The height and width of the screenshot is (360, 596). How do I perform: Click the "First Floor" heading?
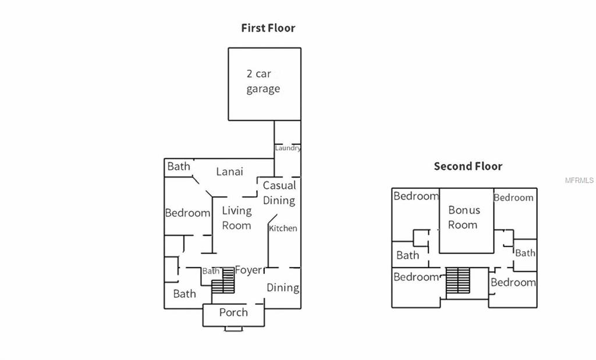click(x=268, y=28)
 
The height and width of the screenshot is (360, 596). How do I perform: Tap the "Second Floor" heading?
click(x=468, y=166)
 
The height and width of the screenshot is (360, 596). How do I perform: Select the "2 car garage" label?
click(x=262, y=81)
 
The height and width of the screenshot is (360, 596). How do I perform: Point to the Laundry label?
click(x=288, y=148)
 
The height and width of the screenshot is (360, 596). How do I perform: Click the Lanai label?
click(x=229, y=172)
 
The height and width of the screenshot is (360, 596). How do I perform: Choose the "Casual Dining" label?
click(x=279, y=193)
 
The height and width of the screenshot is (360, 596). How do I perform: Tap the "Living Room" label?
click(x=236, y=218)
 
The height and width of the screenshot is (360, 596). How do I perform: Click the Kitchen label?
click(x=283, y=229)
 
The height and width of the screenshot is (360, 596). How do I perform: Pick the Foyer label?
click(x=248, y=270)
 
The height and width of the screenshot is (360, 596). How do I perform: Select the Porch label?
click(x=233, y=313)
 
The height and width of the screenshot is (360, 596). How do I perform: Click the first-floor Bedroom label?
click(x=187, y=213)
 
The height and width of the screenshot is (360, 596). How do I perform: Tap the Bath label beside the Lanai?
click(x=179, y=167)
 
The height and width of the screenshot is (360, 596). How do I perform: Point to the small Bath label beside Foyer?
click(x=211, y=271)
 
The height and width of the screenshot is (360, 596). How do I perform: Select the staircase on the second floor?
click(x=457, y=281)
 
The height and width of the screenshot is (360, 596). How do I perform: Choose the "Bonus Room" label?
click(x=463, y=218)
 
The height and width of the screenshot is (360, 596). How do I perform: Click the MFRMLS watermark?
click(x=579, y=180)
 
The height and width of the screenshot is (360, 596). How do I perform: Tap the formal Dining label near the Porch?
click(x=283, y=287)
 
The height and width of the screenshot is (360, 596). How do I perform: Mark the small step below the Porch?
click(x=234, y=329)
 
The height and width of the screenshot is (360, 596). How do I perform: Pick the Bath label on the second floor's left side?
click(x=407, y=255)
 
